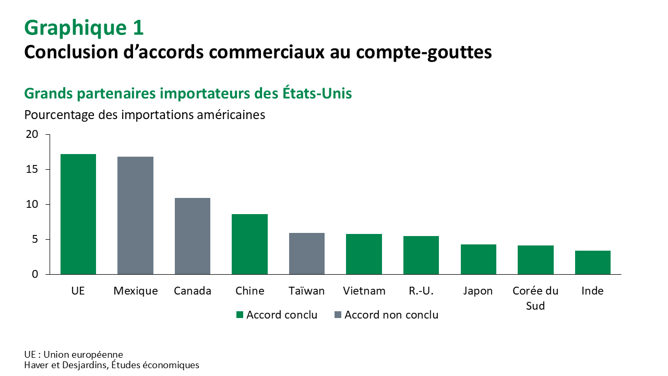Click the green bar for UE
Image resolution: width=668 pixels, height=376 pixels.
78,214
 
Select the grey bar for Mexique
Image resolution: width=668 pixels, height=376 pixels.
135,215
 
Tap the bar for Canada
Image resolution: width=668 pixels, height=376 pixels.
193,236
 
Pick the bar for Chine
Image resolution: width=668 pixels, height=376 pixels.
249,244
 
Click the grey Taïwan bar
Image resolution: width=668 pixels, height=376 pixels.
307,253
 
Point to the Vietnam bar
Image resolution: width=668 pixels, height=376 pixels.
364,254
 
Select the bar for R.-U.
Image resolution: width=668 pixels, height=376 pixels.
421,255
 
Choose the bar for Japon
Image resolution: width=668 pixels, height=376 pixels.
478,259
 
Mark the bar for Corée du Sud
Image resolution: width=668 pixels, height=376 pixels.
535,260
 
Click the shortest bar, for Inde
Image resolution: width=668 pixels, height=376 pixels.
592,262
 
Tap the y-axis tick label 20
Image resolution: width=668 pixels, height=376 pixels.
32,134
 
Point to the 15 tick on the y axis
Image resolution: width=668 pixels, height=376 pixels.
32,169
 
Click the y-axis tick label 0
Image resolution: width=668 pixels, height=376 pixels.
35,274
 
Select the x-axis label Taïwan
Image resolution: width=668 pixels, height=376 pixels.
307,291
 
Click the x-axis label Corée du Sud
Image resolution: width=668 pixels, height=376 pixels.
535,298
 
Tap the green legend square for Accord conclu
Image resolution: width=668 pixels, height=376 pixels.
240,315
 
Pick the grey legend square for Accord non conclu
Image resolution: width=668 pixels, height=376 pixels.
338,315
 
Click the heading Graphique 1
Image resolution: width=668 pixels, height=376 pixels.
84,28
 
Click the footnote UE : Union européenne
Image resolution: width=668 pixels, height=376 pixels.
74,355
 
